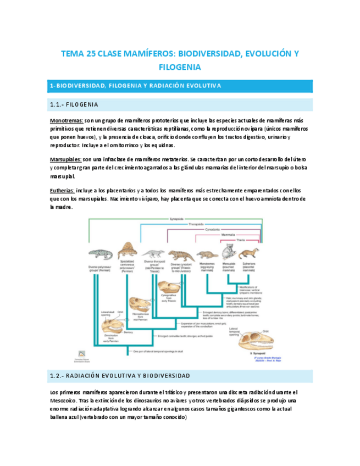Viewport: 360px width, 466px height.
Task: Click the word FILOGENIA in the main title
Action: pyautogui.click(x=180, y=67)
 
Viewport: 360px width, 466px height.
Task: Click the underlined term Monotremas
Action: pyautogui.click(x=67, y=120)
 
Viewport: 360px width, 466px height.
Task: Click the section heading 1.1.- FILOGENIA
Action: pyautogui.click(x=74, y=104)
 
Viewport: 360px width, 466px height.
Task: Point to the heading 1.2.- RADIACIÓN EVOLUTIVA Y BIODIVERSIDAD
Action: pyautogui.click(x=119, y=375)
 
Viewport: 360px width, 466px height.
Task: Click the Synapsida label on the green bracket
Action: pyautogui.click(x=176, y=218)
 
